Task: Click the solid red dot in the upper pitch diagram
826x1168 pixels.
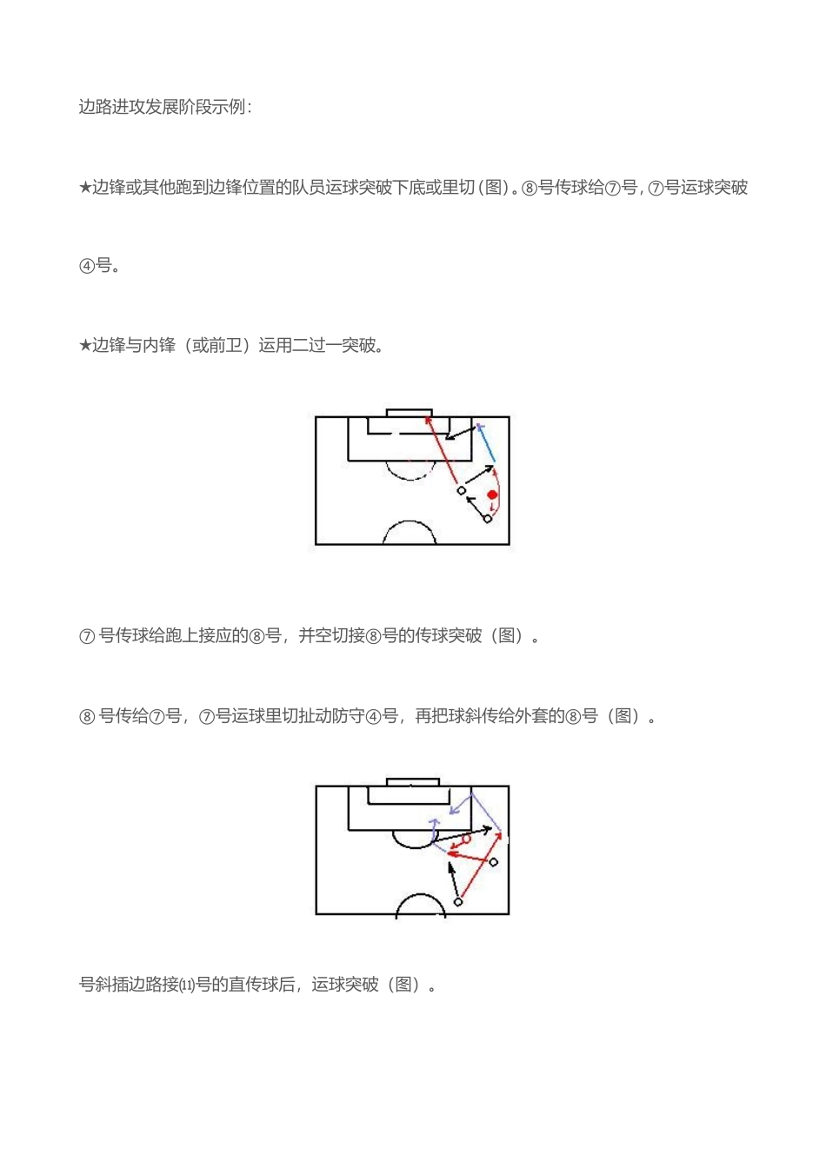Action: point(492,494)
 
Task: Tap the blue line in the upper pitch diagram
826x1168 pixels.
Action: point(486,444)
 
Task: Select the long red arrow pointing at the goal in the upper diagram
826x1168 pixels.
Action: point(442,449)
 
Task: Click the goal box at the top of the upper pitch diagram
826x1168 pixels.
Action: point(409,413)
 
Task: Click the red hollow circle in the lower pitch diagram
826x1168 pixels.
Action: point(467,839)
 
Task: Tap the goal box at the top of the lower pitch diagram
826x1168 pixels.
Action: point(413,782)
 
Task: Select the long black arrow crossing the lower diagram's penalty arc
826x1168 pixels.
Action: point(462,834)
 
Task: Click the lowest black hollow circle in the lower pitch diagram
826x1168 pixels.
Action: point(457,901)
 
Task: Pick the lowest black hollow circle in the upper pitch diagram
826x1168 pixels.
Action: point(488,519)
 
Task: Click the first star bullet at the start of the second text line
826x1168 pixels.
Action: point(85,187)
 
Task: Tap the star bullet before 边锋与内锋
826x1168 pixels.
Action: point(85,345)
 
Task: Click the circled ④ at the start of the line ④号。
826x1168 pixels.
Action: point(87,267)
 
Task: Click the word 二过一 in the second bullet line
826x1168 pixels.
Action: point(316,345)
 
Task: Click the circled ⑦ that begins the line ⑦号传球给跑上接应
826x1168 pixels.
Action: point(87,636)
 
